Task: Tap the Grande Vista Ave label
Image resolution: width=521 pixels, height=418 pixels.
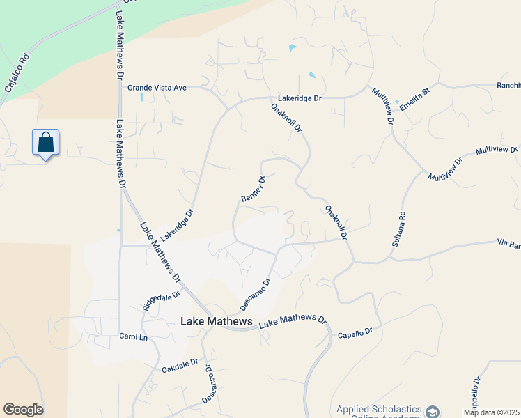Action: tap(157, 88)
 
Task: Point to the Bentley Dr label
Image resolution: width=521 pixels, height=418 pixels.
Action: tap(254, 189)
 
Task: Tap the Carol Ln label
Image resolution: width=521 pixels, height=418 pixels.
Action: tap(134, 336)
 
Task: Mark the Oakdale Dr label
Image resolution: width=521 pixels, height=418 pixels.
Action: tap(180, 364)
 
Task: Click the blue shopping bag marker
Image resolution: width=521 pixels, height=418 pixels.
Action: tap(46, 143)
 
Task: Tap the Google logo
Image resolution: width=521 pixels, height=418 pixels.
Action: tap(23, 410)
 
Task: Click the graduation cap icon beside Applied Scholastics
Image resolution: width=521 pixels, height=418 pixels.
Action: tap(433, 412)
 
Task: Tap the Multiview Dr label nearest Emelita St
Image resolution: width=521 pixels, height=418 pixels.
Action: tap(383, 106)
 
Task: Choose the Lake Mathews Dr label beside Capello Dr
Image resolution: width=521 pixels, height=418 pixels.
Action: tap(293, 321)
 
